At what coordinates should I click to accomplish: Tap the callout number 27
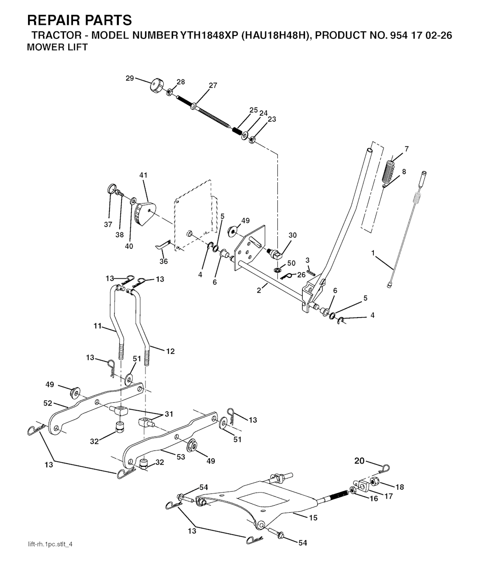coord(213,86)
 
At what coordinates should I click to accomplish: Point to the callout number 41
coord(143,175)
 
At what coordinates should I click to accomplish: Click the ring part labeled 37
coord(110,189)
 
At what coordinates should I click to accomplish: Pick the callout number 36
coord(164,261)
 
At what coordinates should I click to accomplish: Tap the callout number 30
coord(292,235)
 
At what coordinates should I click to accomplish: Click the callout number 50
coord(291,263)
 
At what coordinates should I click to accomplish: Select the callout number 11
coord(97,326)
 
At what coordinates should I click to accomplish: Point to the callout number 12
coord(170,351)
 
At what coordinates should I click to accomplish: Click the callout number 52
coord(48,403)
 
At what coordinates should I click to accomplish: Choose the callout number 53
coord(181,457)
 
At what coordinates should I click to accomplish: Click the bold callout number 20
coord(359,461)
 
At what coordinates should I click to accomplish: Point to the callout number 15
coord(313,517)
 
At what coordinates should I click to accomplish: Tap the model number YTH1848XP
coord(208,36)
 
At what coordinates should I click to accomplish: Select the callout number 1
coord(373,253)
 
